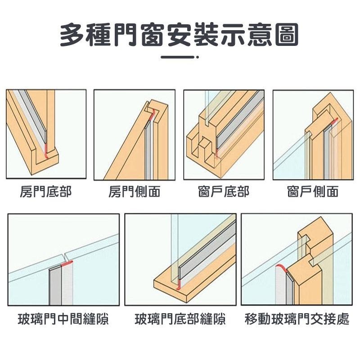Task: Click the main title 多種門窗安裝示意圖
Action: [180, 35]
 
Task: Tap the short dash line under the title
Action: [179, 57]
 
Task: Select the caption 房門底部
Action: [46, 192]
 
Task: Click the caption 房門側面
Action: [135, 192]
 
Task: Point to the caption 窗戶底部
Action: [224, 192]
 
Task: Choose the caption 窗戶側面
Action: [313, 192]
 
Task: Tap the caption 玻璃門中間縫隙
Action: [63, 320]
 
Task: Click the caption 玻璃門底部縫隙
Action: [180, 320]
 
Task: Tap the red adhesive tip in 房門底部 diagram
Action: [46, 153]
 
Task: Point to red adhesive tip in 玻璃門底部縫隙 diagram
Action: [179, 284]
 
